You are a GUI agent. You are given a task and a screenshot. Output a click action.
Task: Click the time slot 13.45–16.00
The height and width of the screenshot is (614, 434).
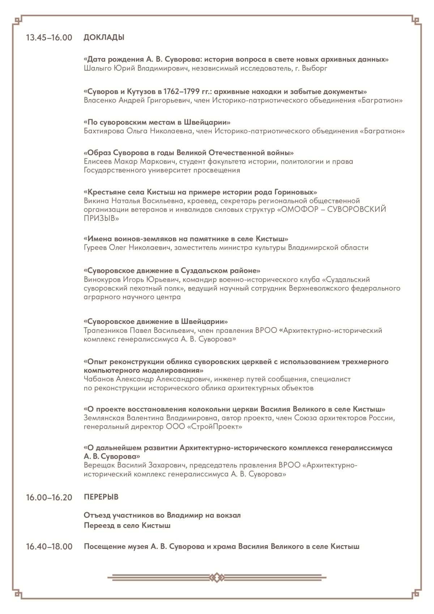coord(49,38)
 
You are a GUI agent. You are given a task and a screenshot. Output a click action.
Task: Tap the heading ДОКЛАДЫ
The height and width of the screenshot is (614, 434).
coord(104,37)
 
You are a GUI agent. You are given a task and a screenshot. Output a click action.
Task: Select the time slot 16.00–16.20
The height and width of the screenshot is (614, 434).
coord(49,497)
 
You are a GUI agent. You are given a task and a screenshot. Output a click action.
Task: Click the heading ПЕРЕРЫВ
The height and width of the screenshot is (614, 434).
coord(101,497)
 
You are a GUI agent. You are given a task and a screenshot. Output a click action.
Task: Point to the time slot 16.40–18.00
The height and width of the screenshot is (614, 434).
coord(49,547)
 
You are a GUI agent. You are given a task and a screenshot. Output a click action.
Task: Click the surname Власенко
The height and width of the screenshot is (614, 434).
coord(100,100)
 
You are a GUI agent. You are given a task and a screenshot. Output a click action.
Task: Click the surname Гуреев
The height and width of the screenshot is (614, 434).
coord(95,248)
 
